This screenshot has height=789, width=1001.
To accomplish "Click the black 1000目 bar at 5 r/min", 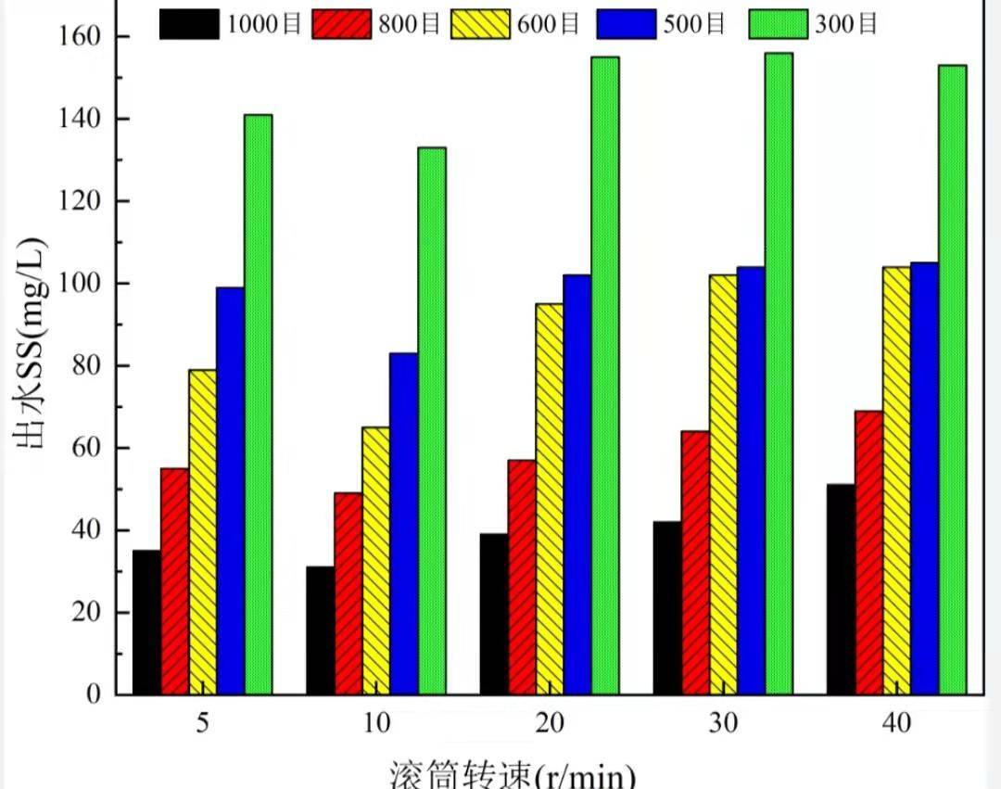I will (146, 622).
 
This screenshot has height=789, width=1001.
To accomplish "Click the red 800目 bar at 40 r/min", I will (868, 553).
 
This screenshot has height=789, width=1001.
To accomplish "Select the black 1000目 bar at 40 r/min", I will (841, 589).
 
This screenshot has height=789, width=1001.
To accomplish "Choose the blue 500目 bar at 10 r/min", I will (403, 523).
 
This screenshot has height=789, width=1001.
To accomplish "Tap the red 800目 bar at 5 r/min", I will (174, 581).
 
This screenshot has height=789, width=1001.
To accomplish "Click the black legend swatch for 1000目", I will (189, 24).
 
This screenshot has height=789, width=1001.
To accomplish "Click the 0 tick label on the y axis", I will (96, 694).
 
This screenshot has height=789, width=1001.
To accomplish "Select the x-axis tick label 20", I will (550, 723).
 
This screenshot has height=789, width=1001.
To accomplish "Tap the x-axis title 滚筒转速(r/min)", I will (512, 774).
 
